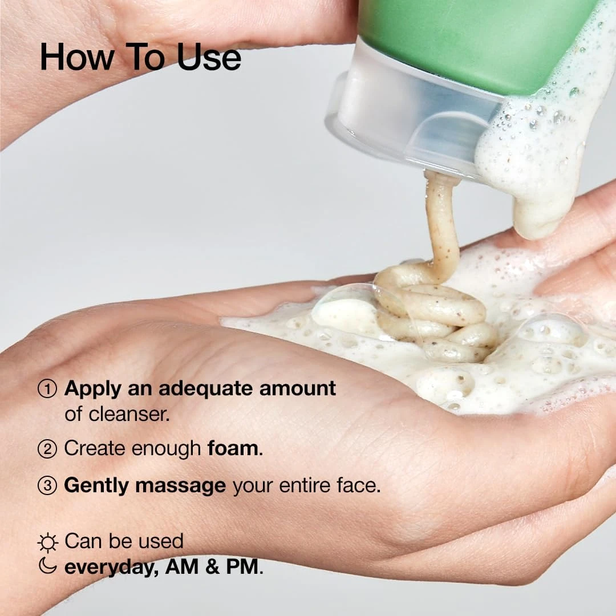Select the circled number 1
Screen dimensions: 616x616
click(x=47, y=389)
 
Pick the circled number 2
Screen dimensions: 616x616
click(x=47, y=449)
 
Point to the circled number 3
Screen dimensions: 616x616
click(x=47, y=486)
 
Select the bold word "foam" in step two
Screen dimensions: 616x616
click(x=233, y=448)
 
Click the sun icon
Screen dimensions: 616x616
click(x=47, y=542)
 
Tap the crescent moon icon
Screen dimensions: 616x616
click(x=48, y=566)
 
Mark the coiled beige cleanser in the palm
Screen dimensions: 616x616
click(x=433, y=314)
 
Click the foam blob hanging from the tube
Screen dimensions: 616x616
click(x=530, y=171)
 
